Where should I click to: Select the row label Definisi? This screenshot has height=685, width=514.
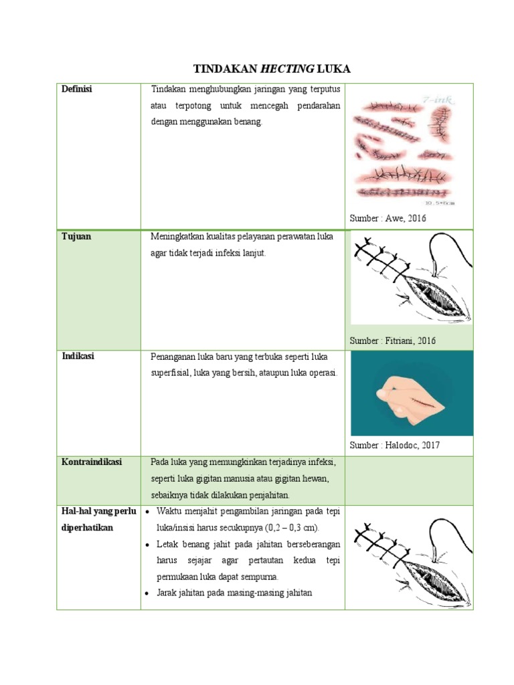[78, 90]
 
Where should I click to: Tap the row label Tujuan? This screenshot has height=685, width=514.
[76, 237]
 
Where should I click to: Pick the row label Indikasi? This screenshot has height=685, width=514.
[78, 356]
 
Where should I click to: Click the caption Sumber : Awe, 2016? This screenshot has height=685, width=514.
[388, 219]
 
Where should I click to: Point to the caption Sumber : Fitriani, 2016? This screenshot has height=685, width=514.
[393, 340]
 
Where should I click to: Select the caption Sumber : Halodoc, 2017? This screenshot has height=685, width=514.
[395, 446]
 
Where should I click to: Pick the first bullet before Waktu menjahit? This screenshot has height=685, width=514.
[147, 512]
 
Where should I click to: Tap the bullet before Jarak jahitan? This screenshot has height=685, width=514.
[147, 593]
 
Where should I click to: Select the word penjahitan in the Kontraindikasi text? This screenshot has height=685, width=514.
[267, 495]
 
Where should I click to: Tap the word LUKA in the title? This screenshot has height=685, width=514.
[333, 69]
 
